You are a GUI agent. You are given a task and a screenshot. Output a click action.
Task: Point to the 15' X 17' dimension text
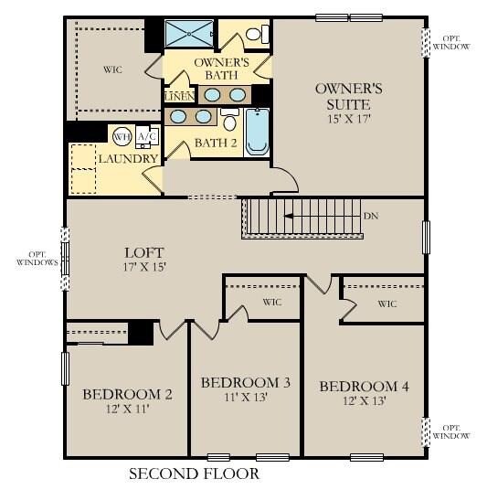348,118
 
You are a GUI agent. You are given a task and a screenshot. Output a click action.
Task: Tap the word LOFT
144,252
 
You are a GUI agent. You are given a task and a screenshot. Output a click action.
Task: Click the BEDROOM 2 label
127,394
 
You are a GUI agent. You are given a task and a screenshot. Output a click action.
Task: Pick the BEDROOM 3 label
245,381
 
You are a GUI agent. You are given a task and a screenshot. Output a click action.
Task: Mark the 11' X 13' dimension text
245,399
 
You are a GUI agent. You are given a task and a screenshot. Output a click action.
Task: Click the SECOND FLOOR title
194,473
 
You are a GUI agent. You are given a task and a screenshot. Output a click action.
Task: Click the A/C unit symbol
146,137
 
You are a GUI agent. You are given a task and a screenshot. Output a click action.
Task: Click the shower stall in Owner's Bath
188,34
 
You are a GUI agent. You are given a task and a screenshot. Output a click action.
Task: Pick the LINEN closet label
178,96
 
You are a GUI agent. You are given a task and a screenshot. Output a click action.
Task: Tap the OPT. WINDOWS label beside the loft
37,258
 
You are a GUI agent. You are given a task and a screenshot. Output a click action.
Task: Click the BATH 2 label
216,144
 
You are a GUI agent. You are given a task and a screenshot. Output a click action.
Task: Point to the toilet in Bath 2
230,122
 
